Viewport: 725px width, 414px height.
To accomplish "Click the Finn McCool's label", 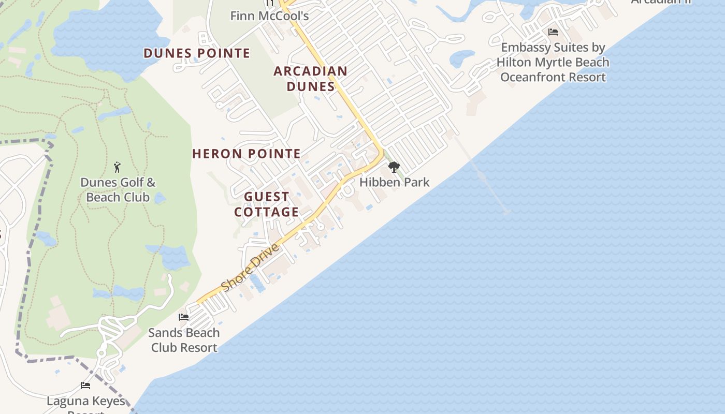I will click(x=269, y=16).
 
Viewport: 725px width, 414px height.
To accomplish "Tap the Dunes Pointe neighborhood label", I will click(x=197, y=53).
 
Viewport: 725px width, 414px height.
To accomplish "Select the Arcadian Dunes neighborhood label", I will click(x=310, y=79).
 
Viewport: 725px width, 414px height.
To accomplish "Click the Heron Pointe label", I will click(x=246, y=154).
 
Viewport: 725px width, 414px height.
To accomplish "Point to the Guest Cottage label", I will click(x=266, y=204).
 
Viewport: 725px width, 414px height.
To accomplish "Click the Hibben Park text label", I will click(x=394, y=182).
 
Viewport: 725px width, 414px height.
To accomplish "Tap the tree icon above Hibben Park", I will click(x=394, y=167).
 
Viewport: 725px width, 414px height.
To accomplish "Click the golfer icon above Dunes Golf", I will click(x=117, y=167).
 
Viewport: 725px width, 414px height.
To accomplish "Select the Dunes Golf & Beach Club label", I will click(x=118, y=190).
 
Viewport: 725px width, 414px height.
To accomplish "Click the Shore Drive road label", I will click(x=251, y=268).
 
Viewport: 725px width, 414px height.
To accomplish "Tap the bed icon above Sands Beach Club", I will click(x=184, y=317).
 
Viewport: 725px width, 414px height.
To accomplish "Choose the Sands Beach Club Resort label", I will click(x=184, y=340).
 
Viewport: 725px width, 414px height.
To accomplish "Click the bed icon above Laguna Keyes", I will click(x=85, y=386).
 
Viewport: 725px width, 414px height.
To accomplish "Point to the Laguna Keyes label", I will click(x=86, y=401).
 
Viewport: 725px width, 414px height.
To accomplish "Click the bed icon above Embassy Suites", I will click(x=553, y=32).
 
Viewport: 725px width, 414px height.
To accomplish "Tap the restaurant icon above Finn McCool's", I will click(x=269, y=3).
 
